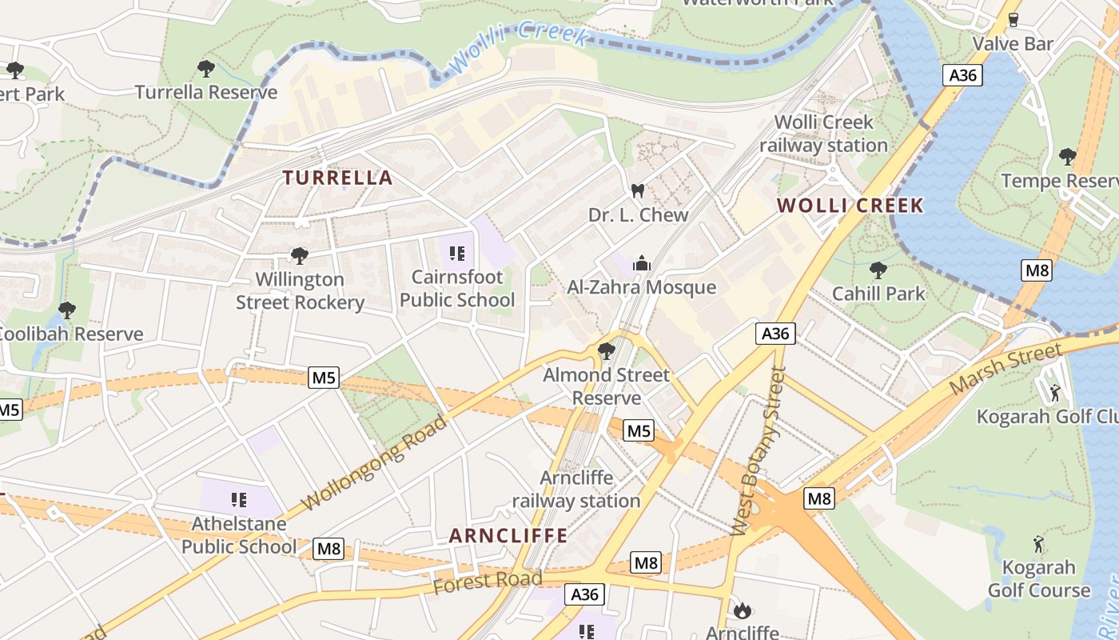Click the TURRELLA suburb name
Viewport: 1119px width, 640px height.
[x=338, y=178]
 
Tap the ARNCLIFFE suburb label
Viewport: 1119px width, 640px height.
[x=508, y=535]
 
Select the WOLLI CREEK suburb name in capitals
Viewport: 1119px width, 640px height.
[x=850, y=206]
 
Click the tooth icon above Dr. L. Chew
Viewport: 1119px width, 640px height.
[x=637, y=191]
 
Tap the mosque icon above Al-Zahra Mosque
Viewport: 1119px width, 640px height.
[x=641, y=263]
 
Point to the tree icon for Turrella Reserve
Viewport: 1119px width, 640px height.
[x=206, y=69]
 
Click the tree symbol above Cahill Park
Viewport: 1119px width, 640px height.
[x=878, y=270]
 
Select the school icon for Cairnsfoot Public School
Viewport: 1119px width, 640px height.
[x=457, y=254]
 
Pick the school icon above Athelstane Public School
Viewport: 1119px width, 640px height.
[x=239, y=500]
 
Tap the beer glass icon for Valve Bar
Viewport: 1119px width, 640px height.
[x=1013, y=19]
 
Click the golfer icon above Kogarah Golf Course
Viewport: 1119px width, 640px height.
[x=1038, y=544]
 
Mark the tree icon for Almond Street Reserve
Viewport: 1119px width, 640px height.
[x=606, y=350]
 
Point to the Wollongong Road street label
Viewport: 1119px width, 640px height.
[x=376, y=462]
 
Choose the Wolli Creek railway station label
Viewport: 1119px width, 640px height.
[x=823, y=134]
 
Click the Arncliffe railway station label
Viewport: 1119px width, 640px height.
[x=576, y=490]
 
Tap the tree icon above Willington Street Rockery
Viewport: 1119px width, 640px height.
[x=300, y=256]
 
